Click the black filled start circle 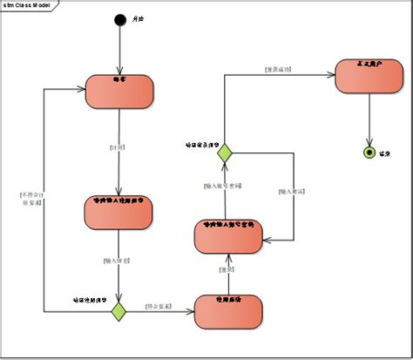[119, 20]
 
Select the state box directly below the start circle [119, 92]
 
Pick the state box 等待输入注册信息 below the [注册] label [119, 212]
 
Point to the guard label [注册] [118, 147]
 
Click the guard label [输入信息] [116, 260]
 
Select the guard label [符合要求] [159, 306]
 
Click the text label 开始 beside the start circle [138, 20]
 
